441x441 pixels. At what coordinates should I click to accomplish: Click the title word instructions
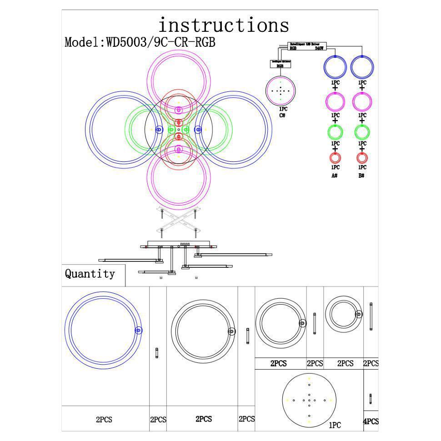pos(223,25)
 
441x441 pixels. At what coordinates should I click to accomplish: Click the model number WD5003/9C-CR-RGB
pos(140,43)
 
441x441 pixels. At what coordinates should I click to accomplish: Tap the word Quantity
pos(90,274)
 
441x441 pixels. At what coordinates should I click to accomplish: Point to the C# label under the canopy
pos(282,115)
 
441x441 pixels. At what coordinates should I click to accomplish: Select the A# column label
pos(335,175)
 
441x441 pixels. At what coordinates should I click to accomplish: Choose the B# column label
pos(361,175)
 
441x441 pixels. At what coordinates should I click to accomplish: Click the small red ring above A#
pos(335,158)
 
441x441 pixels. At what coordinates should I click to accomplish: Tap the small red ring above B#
pos(362,158)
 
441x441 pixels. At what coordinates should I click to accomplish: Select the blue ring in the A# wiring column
pos(335,67)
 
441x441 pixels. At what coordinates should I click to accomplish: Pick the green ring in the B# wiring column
pos(362,132)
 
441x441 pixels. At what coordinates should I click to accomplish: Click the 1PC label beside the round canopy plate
pos(335,425)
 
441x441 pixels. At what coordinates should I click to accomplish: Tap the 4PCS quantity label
pos(371,421)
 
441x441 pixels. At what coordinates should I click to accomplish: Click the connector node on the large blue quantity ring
pos(139,331)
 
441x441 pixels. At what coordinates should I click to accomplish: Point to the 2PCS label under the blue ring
pos(104,420)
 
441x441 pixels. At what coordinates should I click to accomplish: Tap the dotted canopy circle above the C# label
pos(281,90)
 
